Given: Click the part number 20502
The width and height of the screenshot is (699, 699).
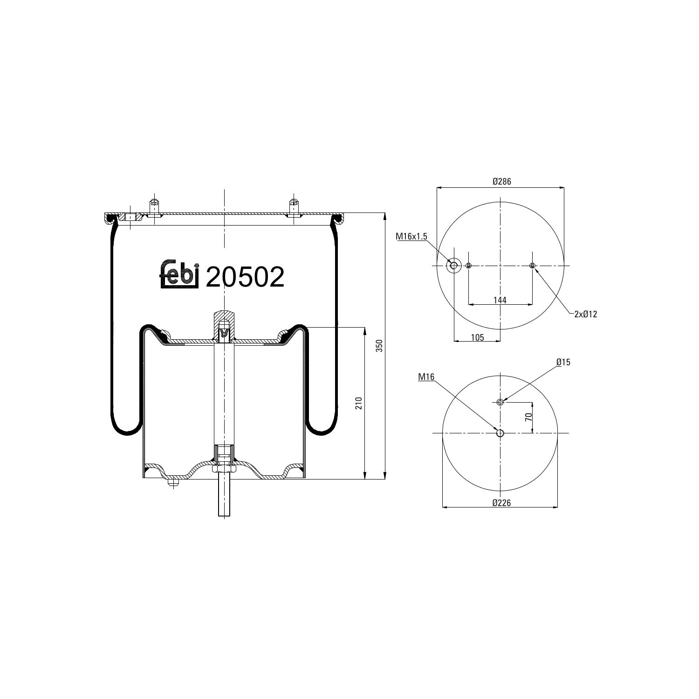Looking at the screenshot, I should [x=245, y=277].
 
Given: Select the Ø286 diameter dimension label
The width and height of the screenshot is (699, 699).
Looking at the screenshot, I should [x=501, y=182].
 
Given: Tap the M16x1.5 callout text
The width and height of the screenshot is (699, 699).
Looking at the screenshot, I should [x=411, y=237].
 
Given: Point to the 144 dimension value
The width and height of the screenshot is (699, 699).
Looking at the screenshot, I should [x=500, y=301].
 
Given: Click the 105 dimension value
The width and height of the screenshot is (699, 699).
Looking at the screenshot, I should [x=477, y=337].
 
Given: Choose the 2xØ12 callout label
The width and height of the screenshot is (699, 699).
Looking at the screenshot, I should [x=585, y=314].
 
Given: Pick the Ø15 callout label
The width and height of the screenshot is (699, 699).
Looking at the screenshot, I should [x=563, y=362].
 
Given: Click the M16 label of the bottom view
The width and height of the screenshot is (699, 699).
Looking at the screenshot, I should [x=426, y=377].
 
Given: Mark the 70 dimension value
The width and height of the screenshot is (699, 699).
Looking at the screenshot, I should [x=528, y=417].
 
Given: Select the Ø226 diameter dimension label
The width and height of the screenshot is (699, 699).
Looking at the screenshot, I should [x=501, y=503].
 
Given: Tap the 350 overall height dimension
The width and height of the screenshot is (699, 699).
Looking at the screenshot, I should [x=379, y=346].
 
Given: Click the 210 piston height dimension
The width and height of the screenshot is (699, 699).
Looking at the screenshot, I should [x=358, y=403].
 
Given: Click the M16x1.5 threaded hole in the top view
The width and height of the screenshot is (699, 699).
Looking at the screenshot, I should [x=453, y=266].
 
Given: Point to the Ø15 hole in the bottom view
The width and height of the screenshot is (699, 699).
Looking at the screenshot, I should [x=500, y=402].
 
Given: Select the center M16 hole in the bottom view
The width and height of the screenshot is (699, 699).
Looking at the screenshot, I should [x=500, y=433].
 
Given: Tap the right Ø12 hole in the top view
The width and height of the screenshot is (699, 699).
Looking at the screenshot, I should [x=533, y=266].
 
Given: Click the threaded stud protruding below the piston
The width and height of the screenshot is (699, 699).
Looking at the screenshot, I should [x=224, y=499].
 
